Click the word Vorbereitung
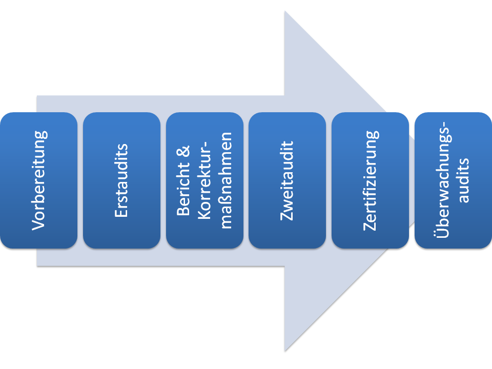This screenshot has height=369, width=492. (x=39, y=180)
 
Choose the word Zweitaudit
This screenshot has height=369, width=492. (x=288, y=180)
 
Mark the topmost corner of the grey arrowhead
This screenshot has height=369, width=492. (x=285, y=11)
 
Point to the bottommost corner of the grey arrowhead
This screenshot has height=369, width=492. (x=285, y=351)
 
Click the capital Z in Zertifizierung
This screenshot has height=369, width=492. (x=370, y=225)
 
